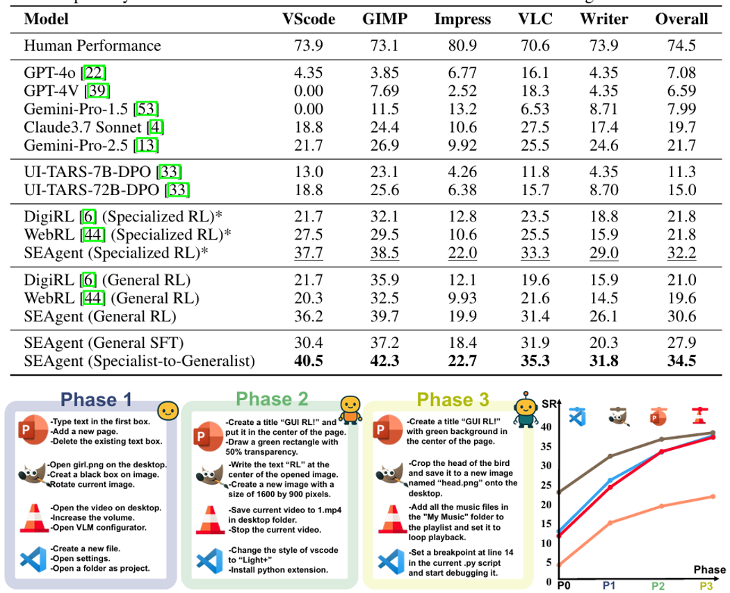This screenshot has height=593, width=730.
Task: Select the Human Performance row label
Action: (92, 47)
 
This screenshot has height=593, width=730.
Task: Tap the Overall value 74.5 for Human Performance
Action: (681, 47)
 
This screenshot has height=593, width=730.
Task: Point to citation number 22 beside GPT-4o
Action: (95, 72)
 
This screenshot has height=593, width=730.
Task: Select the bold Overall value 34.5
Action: (681, 361)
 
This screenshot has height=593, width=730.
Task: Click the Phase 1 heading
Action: (96, 399)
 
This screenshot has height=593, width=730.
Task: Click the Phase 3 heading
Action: (453, 399)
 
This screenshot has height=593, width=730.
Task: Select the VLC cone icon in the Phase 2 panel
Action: (208, 519)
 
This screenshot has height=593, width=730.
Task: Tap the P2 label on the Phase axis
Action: (658, 586)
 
